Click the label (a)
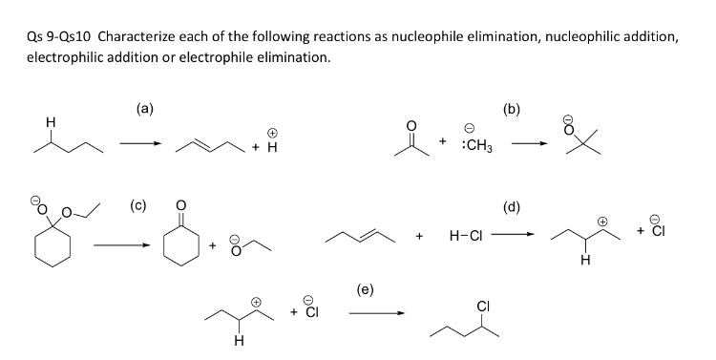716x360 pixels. tap(144, 109)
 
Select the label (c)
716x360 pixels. tap(137, 202)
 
